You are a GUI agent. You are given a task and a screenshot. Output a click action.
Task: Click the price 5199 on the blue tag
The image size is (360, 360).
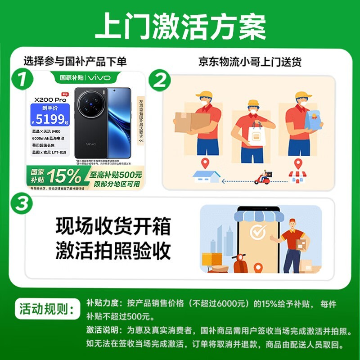click(x=50, y=119)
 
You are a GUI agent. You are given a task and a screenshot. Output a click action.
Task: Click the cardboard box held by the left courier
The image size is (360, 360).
click(x=192, y=121)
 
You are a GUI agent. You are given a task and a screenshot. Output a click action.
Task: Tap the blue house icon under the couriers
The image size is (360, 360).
click(x=206, y=176)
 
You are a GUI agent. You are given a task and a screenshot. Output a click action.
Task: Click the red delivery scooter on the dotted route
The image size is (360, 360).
click(x=263, y=178)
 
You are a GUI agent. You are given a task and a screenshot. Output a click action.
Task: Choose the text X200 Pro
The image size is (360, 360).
click(x=50, y=99)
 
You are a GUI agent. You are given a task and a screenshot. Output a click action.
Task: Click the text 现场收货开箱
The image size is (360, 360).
click(x=113, y=226)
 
